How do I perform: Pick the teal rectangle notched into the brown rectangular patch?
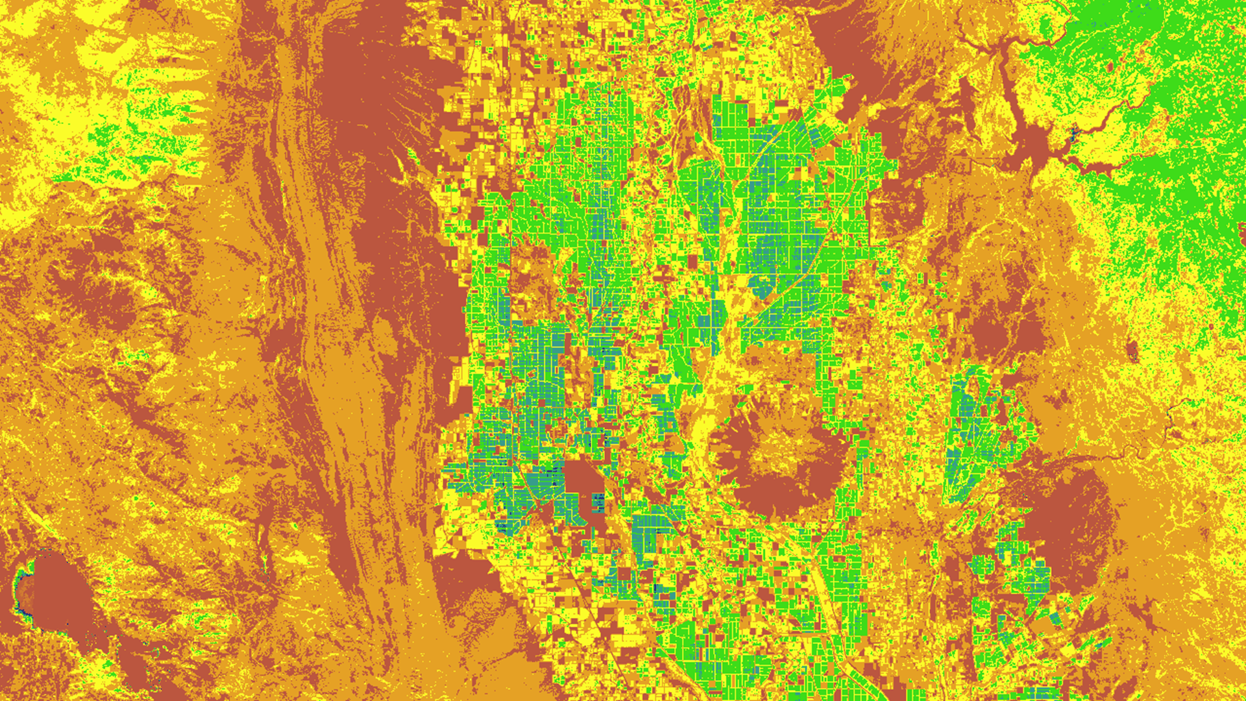point(598,502)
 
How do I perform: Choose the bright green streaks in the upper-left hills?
point(130,130)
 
